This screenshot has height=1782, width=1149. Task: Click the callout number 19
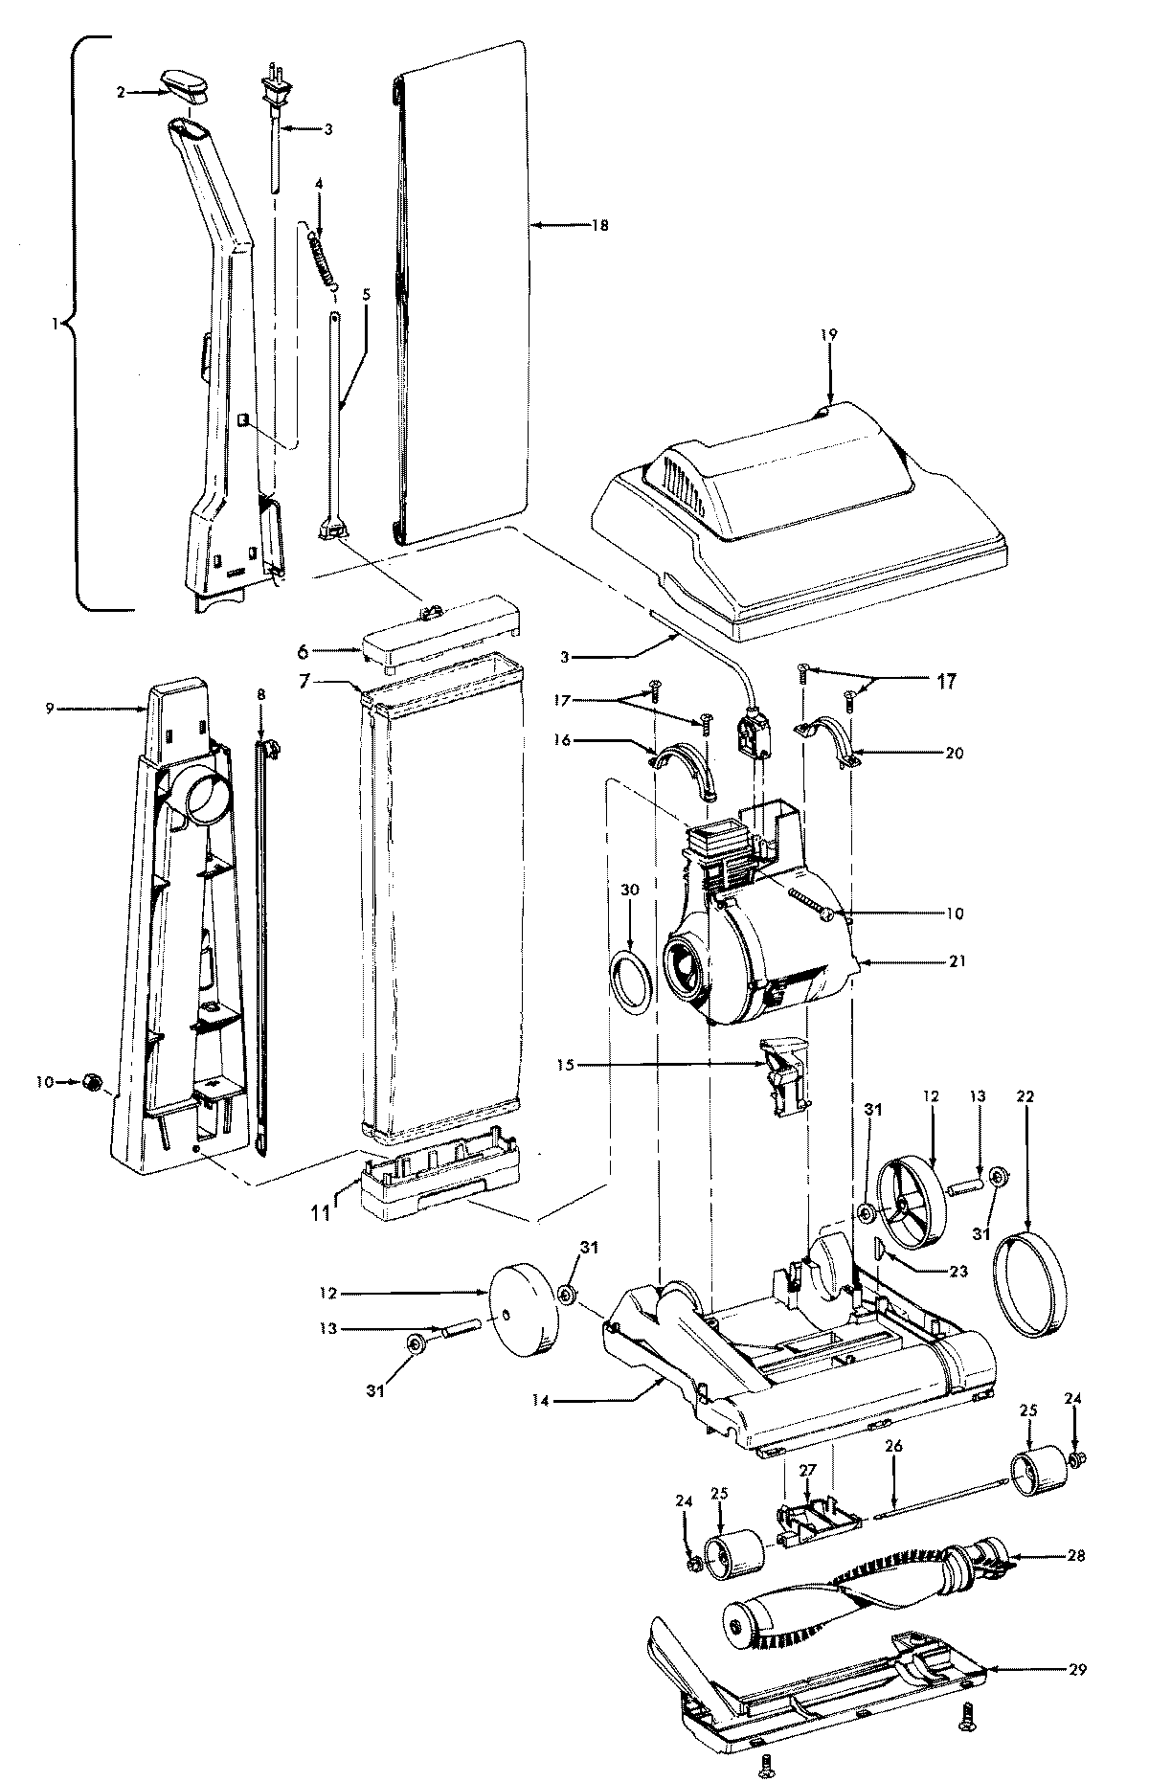point(828,334)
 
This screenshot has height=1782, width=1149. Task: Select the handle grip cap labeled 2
point(186,84)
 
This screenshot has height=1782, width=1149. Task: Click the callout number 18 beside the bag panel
point(600,225)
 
